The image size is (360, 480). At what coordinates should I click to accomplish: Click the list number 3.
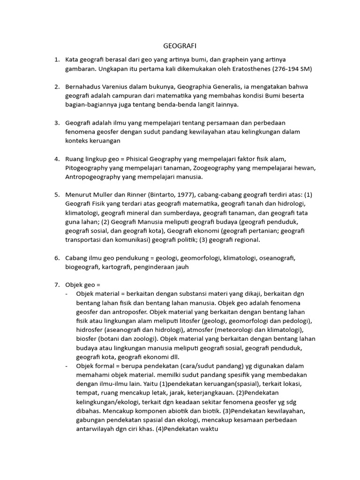click(56, 123)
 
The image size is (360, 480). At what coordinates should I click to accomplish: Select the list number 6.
click(56, 258)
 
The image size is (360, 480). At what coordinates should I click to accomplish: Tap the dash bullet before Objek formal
click(67, 366)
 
